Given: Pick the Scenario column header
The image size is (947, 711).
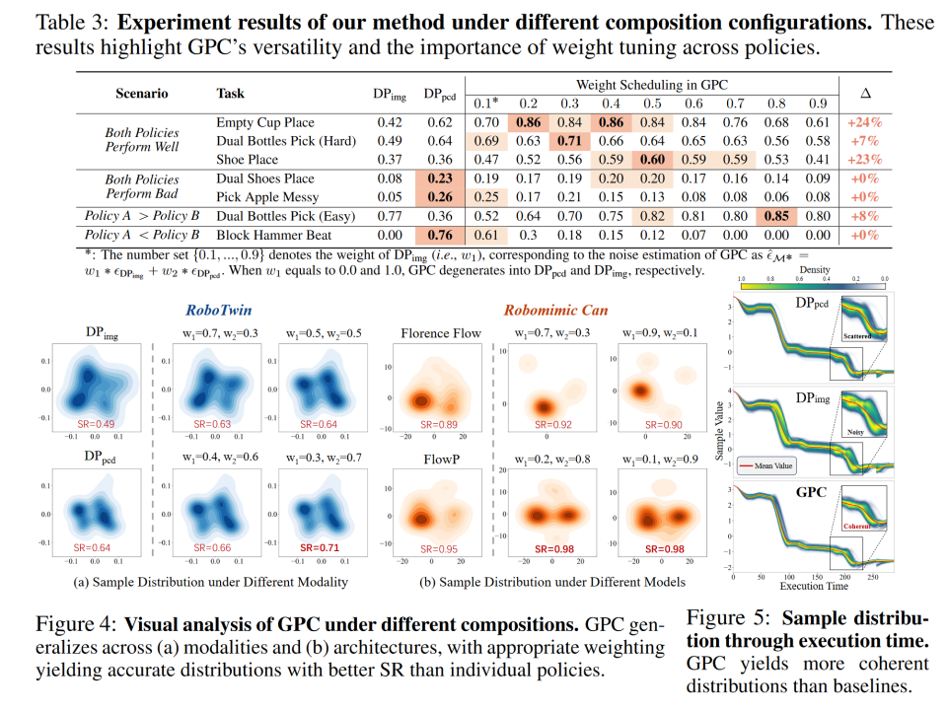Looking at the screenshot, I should pyautogui.click(x=140, y=94).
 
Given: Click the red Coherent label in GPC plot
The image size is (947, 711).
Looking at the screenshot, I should pyautogui.click(x=861, y=526).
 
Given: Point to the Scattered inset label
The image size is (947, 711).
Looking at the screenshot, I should pyautogui.click(x=862, y=336).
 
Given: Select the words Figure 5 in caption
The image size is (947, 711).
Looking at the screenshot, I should pyautogui.click(x=725, y=619).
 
